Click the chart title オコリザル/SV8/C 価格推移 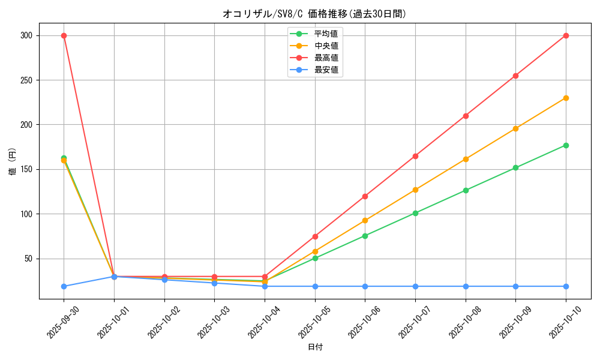314,14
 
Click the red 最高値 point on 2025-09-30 64,35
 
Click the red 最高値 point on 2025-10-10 566,35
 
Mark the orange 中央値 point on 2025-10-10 566,98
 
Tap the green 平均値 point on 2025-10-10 566,145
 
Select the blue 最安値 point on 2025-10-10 566,286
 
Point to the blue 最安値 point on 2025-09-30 64,286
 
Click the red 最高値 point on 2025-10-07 415,156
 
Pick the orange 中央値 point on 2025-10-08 466,159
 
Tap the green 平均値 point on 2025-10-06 365,236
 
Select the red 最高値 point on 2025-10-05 315,236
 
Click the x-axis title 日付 315,347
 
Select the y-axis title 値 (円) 12,162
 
